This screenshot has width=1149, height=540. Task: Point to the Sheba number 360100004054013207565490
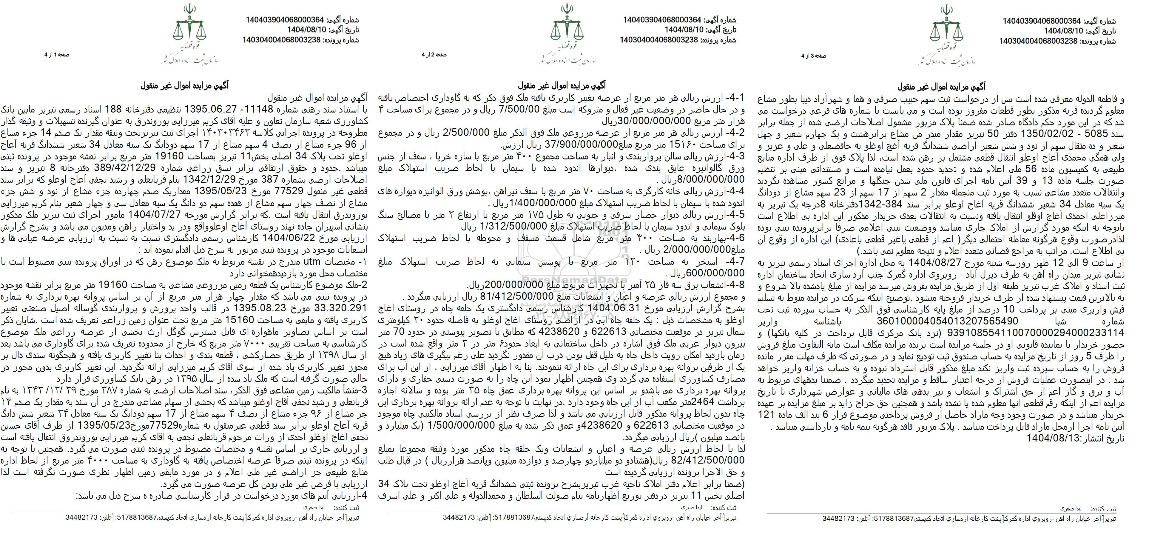(x=936, y=321)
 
